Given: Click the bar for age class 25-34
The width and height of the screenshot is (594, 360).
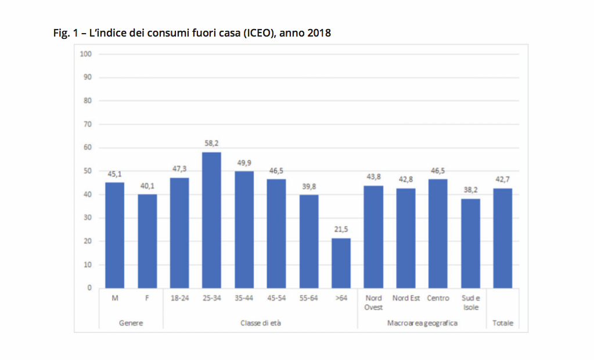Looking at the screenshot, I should click(x=211, y=220).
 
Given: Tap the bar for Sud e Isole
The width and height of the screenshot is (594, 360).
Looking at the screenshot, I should click(x=470, y=243).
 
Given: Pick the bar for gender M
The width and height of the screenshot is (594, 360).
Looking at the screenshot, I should click(x=114, y=235).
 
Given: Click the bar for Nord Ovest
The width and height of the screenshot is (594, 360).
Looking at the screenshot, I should click(x=373, y=237).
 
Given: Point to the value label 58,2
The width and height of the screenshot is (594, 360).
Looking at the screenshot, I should click(x=211, y=143).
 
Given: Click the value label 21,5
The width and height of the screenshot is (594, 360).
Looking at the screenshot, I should click(x=341, y=229).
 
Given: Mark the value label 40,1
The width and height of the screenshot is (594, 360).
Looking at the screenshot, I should click(x=147, y=185).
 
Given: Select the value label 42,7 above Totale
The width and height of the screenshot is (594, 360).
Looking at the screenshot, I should click(x=502, y=179).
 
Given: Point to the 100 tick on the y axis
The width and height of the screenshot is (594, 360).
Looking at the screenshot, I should click(x=86, y=54).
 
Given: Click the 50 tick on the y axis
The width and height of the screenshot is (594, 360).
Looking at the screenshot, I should click(x=88, y=171).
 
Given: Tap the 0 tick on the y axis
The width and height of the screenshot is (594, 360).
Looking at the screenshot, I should click(x=89, y=288).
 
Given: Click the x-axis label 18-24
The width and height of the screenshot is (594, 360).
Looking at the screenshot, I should click(x=179, y=298).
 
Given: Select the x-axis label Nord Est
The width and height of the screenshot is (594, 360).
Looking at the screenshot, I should click(x=406, y=298).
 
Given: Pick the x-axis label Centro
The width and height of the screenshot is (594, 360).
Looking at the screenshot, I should click(x=438, y=298).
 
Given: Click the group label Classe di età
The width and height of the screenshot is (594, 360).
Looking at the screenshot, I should click(x=260, y=323).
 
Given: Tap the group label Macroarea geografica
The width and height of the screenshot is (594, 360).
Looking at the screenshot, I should click(x=422, y=323).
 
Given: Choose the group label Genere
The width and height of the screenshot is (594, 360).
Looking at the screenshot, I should click(x=131, y=323).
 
